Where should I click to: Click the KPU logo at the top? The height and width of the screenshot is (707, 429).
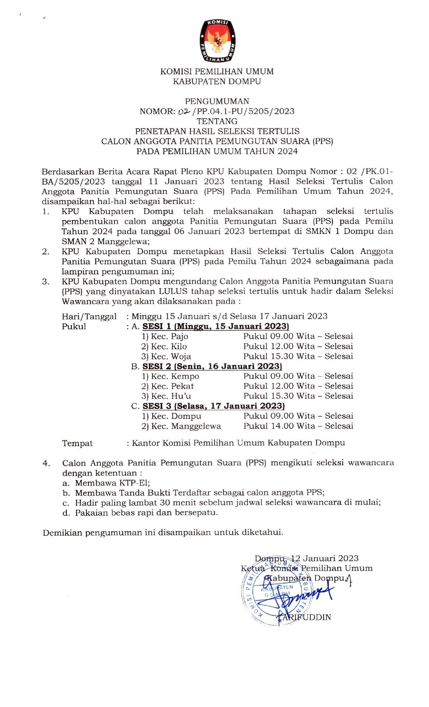[217, 41]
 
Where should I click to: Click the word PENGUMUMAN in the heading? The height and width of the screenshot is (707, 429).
[217, 101]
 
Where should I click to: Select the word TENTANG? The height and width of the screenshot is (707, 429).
[217, 121]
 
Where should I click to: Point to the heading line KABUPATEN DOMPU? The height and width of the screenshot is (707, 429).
[217, 81]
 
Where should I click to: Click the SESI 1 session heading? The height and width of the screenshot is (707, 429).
[216, 326]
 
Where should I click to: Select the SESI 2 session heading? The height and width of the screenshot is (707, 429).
[212, 366]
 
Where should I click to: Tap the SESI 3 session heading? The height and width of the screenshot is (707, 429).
[213, 406]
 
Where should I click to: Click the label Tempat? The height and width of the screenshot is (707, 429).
[77, 443]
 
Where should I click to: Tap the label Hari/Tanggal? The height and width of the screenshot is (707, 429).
[89, 316]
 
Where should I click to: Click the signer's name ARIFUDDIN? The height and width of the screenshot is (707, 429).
[306, 617]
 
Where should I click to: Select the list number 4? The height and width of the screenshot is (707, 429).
[46, 464]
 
